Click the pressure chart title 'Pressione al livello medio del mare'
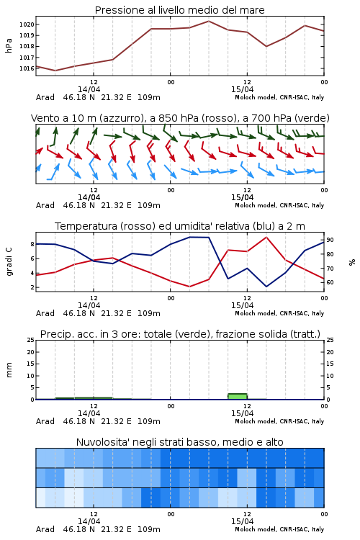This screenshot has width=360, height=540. [x=179, y=10]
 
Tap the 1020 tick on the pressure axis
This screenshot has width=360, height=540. [x=27, y=24]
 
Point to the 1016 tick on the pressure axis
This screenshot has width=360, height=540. [x=27, y=68]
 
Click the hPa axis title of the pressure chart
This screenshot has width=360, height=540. [x=9, y=45]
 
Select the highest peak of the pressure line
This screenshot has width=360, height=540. [x=208, y=21]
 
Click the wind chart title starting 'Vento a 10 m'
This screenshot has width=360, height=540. [x=180, y=118]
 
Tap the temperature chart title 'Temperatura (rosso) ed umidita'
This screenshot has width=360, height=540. [x=180, y=226]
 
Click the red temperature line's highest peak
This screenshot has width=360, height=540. [x=266, y=238]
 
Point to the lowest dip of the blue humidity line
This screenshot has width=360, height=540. [x=266, y=286]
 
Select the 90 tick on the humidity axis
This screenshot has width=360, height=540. [x=330, y=240]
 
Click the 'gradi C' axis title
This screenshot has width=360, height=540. [x=9, y=261]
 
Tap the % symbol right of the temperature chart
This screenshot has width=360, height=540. [x=352, y=262]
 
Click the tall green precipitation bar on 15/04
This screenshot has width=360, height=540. [x=238, y=397]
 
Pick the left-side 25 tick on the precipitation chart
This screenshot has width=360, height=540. [x=31, y=340]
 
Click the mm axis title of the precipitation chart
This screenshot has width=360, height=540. [x=9, y=369]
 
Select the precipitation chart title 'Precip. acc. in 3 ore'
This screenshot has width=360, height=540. [x=180, y=334]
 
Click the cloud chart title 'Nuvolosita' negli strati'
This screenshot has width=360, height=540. [x=179, y=442]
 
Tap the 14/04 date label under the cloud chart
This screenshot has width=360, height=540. [x=89, y=521]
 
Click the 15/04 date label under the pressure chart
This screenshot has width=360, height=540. [x=242, y=89]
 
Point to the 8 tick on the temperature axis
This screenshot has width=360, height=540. [x=32, y=244]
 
